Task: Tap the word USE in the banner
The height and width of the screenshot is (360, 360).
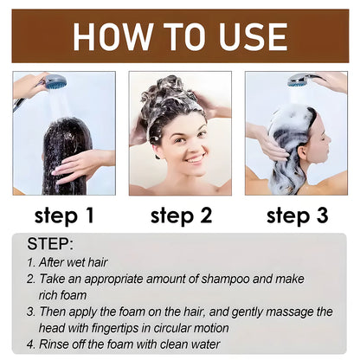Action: pos(247,36)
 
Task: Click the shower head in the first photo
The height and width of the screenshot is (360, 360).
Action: pos(55,82)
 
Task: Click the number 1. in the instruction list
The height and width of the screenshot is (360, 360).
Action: pos(30,260)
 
